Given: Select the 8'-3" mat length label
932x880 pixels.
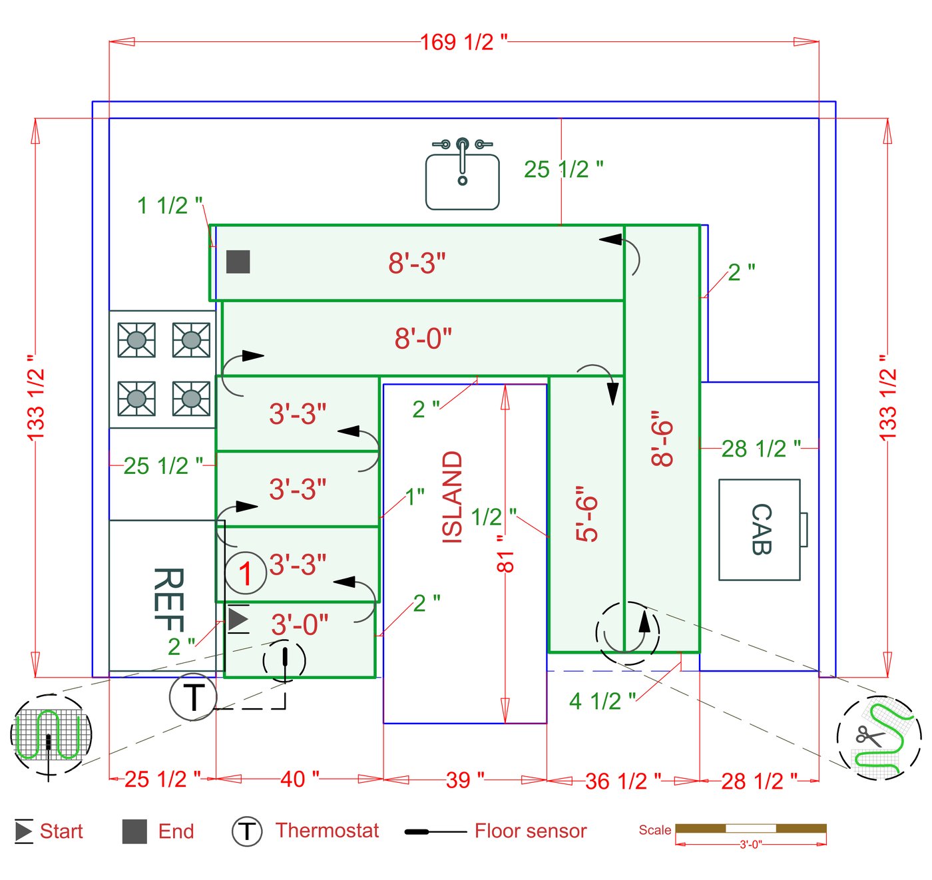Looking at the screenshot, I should [x=417, y=263].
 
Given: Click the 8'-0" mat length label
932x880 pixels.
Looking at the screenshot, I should [x=423, y=338].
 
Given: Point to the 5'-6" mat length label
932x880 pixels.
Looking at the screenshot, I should [x=587, y=514].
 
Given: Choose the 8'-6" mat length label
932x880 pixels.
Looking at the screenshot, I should [x=662, y=438].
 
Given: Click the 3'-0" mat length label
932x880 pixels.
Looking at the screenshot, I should [x=300, y=624].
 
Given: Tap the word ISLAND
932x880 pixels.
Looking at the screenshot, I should [x=453, y=497].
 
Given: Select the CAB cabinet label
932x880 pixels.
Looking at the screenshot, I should [x=761, y=529].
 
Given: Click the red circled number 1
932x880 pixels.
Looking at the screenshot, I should [x=245, y=573].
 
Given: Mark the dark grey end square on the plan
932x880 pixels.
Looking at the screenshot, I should [x=238, y=262].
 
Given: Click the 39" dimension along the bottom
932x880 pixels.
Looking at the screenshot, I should [x=465, y=779].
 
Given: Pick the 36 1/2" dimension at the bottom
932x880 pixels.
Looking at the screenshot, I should [x=623, y=781].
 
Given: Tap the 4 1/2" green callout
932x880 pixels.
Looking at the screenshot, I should [x=602, y=701].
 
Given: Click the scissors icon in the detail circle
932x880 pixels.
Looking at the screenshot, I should [x=869, y=736].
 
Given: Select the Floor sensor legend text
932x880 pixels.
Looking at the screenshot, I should [x=531, y=831].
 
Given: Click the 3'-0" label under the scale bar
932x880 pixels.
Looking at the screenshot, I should [x=751, y=845].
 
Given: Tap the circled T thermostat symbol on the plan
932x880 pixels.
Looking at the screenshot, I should [x=193, y=697].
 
